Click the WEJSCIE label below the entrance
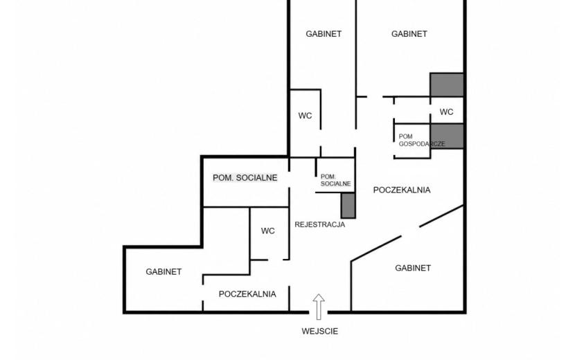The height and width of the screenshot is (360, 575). click(320, 331)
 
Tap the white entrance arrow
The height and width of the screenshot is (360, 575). click(319, 307)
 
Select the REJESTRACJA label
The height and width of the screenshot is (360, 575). click(320, 224)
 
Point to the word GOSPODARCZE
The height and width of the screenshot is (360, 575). click(422, 144)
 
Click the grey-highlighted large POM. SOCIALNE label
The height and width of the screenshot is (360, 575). click(245, 178)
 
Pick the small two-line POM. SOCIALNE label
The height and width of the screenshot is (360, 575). click(335, 180)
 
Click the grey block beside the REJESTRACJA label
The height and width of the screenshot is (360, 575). click(348, 206)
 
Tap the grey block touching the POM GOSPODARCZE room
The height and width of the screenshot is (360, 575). click(447, 136)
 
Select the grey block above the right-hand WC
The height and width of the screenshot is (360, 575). click(447, 84)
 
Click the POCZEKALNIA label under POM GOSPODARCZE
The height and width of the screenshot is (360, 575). click(402, 190)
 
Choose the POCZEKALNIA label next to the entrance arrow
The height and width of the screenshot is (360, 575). click(247, 294)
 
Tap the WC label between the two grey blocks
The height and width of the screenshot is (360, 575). click(446, 112)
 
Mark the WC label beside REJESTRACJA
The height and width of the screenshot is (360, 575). click(267, 231)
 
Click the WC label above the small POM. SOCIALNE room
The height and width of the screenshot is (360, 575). click(305, 116)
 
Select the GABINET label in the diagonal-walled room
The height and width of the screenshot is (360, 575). click(413, 268)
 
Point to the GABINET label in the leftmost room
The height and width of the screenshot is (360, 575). click(163, 271)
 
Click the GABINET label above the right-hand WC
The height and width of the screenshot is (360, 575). click(409, 34)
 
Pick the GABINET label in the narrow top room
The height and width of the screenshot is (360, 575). click(324, 34)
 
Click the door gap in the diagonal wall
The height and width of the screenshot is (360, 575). click(410, 232)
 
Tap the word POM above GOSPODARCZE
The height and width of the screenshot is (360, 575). click(405, 136)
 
